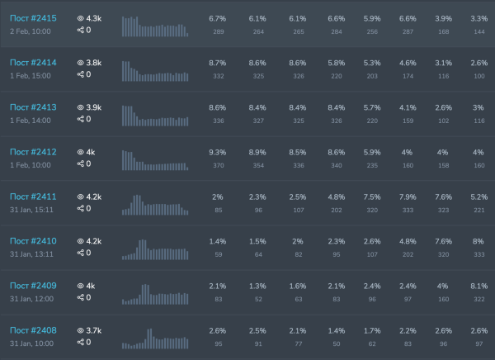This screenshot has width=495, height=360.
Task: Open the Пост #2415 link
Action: [33, 18]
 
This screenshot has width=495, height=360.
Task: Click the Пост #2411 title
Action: [33, 197]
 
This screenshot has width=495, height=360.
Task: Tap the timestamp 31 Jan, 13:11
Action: [31, 253]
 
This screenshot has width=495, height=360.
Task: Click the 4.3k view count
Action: [93, 18]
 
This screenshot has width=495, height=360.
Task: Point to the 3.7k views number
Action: [93, 330]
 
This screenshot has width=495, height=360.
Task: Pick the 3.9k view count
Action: [93, 107]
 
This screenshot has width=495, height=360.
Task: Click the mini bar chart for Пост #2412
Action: [155, 159]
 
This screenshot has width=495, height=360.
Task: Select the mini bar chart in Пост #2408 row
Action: [155, 338]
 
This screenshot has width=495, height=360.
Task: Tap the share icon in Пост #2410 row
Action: [81, 253]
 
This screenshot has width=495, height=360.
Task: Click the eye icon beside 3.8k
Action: [81, 63]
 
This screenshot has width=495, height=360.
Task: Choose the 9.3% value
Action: [218, 152]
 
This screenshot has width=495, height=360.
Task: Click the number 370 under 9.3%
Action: [218, 165]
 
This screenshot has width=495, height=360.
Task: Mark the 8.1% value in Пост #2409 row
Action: [477, 286]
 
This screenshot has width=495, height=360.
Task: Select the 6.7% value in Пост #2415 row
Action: [218, 18]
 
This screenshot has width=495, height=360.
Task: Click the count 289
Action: [218, 31]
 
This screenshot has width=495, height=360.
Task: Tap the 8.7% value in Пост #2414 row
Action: [218, 63]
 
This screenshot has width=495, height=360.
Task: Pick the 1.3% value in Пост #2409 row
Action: [257, 286]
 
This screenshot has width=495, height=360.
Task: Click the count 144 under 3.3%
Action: [477, 31]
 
